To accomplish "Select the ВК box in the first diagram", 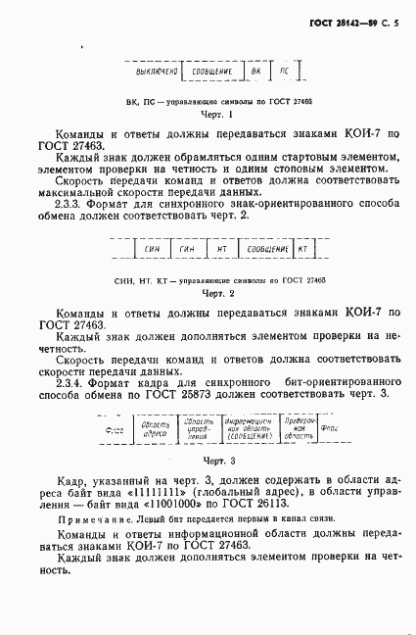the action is pyautogui.click(x=256, y=72).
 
